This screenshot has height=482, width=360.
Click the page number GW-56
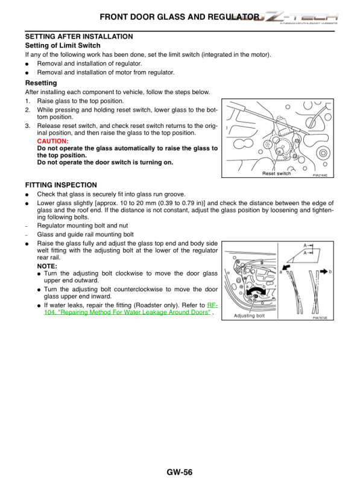[179, 472]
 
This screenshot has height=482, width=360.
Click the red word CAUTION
[52, 141]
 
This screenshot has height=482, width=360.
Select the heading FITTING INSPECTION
[61, 185]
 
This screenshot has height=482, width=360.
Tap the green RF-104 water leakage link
[130, 309]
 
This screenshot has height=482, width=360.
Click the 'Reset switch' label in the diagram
[276, 173]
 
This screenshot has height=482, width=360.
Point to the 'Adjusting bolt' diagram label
[249, 316]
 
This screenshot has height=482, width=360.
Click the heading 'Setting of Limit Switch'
[63, 45]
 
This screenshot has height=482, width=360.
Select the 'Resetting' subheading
[41, 83]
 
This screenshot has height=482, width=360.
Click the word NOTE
[47, 266]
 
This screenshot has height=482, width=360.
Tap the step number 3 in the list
[27, 125]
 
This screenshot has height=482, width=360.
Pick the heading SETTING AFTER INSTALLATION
[79, 37]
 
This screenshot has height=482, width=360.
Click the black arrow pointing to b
[323, 271]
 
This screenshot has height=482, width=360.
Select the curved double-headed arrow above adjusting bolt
[256, 291]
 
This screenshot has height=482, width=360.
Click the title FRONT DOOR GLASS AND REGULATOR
[179, 17]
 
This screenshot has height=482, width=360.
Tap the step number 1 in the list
[27, 101]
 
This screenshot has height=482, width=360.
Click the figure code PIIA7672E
[320, 318]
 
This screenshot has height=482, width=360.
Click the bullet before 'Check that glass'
[27, 195]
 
